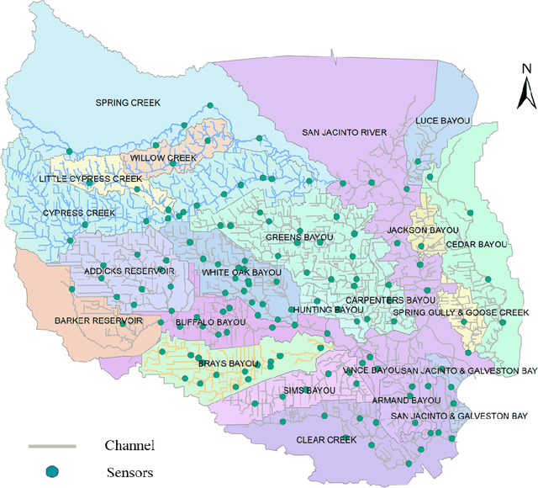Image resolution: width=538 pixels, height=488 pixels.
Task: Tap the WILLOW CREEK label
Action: point(163,157)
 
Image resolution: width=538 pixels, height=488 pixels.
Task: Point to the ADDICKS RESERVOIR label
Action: point(129,271)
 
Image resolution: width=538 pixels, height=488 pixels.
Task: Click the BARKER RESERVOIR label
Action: point(98,321)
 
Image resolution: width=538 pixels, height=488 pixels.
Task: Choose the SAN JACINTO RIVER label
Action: point(344,132)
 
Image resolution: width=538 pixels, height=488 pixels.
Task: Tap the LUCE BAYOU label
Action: point(443,121)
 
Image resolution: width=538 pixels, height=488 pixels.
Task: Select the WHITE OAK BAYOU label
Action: point(241,273)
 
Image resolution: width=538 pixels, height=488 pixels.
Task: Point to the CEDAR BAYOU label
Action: point(477,244)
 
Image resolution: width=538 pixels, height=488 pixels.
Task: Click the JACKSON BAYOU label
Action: point(423,230)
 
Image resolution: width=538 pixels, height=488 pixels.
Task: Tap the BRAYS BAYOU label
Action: point(227,363)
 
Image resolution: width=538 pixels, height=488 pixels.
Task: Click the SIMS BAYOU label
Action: point(308,390)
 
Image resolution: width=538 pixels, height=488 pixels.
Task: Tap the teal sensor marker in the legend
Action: point(52,471)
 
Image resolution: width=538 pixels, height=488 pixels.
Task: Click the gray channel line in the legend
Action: point(52,445)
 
